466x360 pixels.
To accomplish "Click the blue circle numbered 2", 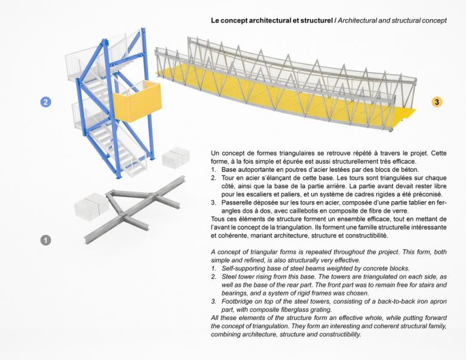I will pyautogui.click(x=45, y=101).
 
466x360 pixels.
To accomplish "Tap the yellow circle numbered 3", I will pyautogui.click(x=437, y=101).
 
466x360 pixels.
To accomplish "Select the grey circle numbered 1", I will pyautogui.click(x=45, y=240).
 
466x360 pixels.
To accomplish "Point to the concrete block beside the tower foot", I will pyautogui.click(x=176, y=157).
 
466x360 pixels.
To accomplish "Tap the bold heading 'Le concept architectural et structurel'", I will pyautogui.click(x=271, y=21).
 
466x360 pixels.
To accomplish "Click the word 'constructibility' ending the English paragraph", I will pyautogui.click(x=336, y=334).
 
